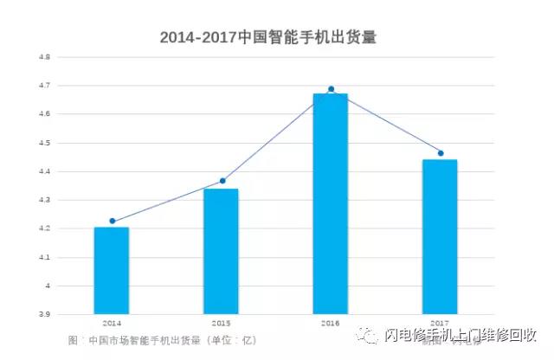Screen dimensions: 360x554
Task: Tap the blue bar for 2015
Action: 221,251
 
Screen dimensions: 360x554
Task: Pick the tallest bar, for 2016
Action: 330,203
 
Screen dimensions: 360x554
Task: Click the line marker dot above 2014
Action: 113,221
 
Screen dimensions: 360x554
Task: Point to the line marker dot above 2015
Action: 222,181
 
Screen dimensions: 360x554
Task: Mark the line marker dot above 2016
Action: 332,89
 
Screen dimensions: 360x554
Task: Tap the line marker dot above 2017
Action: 441,153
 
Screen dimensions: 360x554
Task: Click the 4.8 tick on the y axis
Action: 44,57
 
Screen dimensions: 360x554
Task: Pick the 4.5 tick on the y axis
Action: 44,143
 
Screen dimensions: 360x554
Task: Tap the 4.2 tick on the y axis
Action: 44,228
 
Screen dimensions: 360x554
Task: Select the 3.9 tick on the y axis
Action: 44,314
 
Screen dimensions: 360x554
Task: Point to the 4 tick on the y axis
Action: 48,286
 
